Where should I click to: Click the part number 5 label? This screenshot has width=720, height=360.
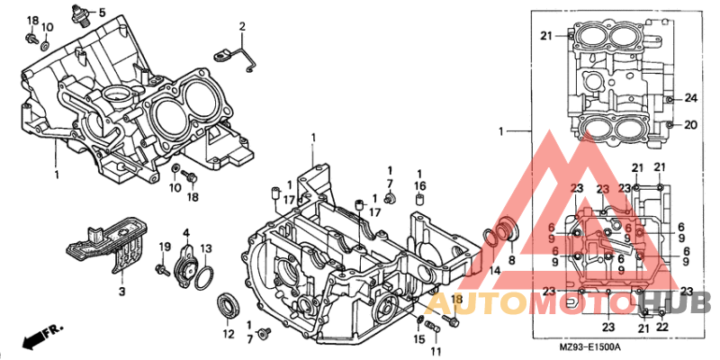point(102,13)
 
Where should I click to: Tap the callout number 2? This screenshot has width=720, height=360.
point(241,27)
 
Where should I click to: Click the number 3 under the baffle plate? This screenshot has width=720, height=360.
point(122,291)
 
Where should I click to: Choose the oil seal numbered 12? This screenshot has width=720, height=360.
point(228,306)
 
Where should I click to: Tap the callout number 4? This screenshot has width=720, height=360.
point(186,233)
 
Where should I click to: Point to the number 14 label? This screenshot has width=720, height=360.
point(494,271)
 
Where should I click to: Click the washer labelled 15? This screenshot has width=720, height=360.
point(420,320)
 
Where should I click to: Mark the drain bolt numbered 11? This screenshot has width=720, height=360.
point(433,327)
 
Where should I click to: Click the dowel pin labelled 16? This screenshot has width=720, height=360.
point(419,200)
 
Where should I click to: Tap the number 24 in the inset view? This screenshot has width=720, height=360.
point(691,98)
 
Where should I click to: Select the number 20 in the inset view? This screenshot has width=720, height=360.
point(691,124)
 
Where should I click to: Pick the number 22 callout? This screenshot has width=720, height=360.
point(662,327)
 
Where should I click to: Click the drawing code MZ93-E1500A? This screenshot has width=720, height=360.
point(586,346)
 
